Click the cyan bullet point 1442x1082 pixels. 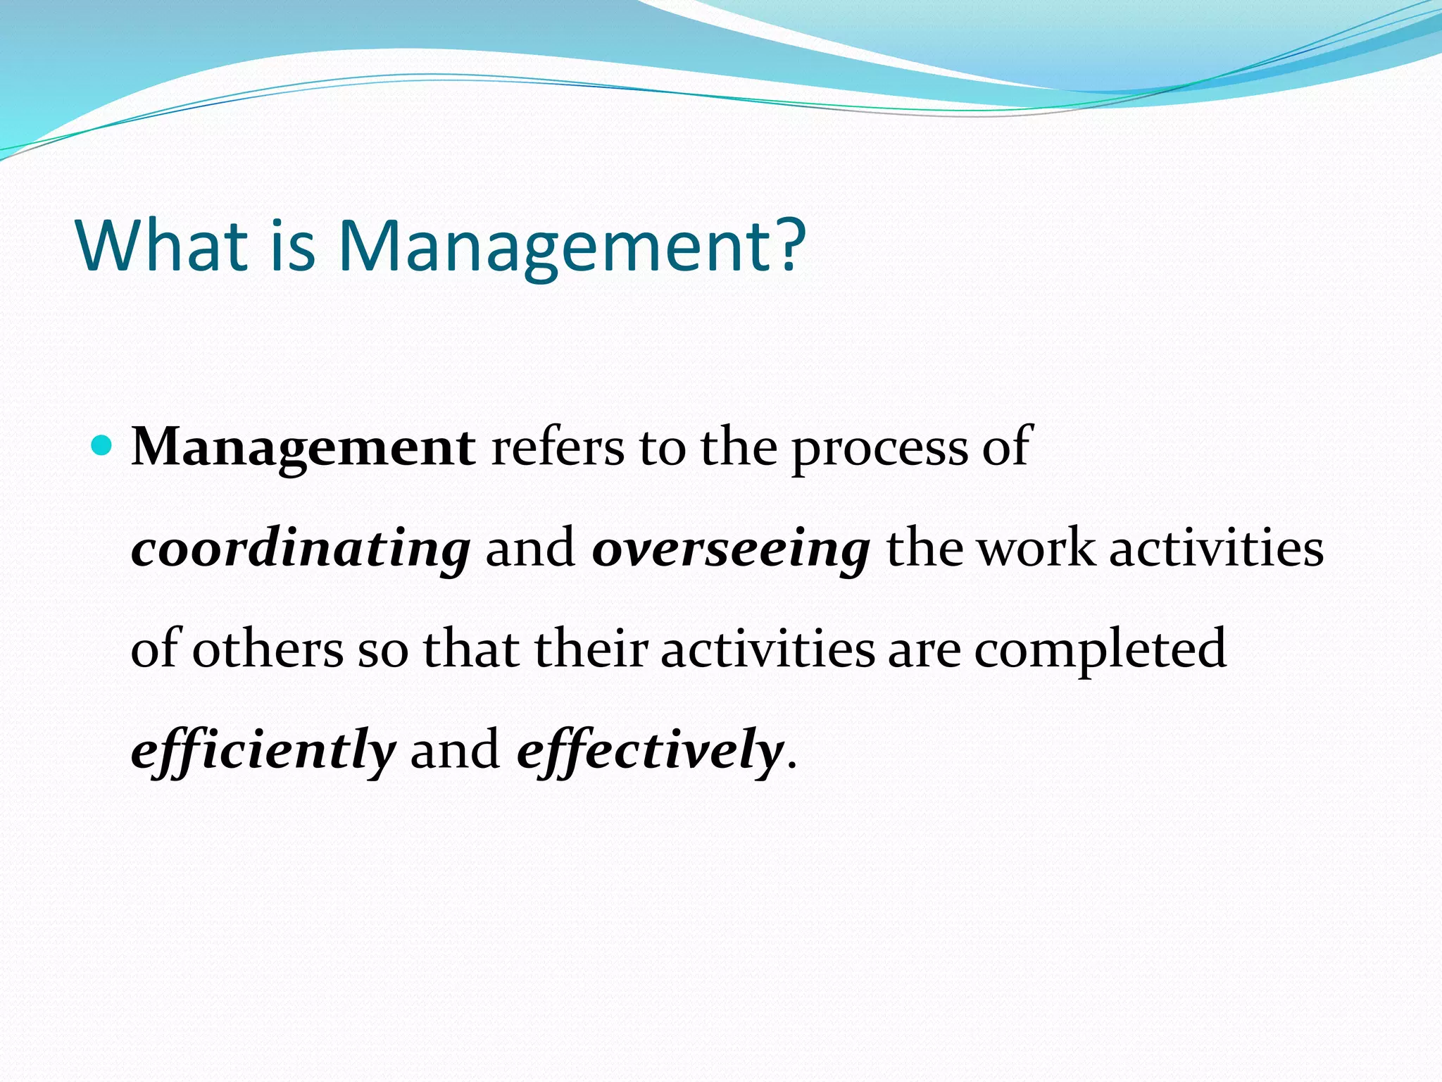pyautogui.click(x=102, y=446)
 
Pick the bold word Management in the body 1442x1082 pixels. pyautogui.click(x=303, y=448)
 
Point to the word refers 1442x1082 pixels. pyautogui.click(x=557, y=448)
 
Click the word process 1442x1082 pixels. pyautogui.click(x=879, y=448)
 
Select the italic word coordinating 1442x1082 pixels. pyautogui.click(x=301, y=549)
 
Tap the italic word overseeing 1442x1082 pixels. pyautogui.click(x=731, y=549)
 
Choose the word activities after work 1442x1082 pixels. pyautogui.click(x=1217, y=549)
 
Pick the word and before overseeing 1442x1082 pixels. pyautogui.click(x=530, y=549)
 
